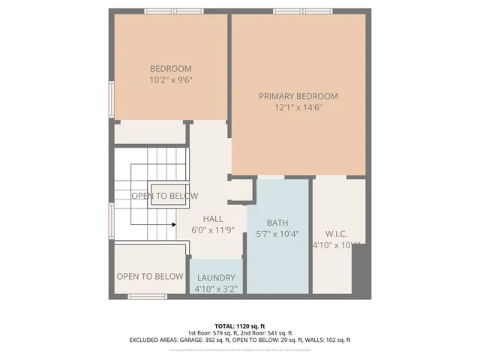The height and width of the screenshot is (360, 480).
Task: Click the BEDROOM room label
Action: (x=171, y=69)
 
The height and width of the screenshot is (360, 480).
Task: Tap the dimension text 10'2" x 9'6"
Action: (x=171, y=79)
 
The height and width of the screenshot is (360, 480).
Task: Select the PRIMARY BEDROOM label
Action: (x=298, y=96)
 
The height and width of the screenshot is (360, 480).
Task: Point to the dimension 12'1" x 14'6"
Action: (x=298, y=106)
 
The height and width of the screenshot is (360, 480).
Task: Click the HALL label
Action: (x=212, y=219)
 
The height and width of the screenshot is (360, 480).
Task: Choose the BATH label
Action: (x=277, y=223)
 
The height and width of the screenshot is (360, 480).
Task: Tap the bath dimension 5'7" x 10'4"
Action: (x=277, y=234)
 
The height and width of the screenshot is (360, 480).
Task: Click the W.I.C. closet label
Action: (x=336, y=234)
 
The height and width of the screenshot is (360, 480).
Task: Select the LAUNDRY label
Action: (x=216, y=277)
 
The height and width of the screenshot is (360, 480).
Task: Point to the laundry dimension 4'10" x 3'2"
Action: (x=216, y=288)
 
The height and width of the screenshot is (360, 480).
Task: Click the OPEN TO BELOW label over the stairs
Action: (x=165, y=196)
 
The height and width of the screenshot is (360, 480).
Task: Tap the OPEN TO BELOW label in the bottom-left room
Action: (x=150, y=277)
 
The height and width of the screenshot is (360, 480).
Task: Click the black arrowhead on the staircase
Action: (x=173, y=223)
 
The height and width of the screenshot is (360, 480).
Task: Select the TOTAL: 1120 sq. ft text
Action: (x=240, y=325)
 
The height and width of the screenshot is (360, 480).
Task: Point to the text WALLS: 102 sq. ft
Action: (x=331, y=340)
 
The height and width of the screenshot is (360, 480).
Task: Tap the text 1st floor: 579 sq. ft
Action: (x=214, y=333)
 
